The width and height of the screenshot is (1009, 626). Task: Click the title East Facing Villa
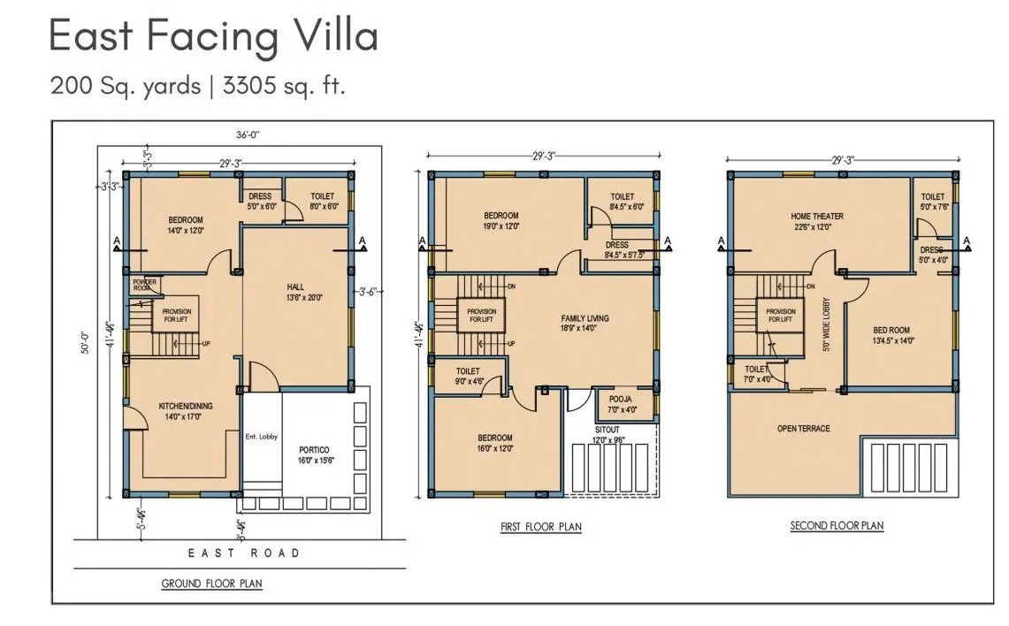click(213, 35)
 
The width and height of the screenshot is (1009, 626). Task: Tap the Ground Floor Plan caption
click(211, 584)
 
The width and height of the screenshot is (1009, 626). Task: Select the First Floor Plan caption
click(540, 527)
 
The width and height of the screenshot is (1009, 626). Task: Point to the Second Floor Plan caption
click(837, 526)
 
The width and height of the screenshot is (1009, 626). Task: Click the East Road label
click(244, 553)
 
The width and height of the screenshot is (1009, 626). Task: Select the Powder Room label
click(145, 285)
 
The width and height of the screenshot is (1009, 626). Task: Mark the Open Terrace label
click(803, 429)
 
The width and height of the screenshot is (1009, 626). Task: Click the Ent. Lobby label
click(261, 436)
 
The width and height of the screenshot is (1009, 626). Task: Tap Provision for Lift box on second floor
click(781, 316)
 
